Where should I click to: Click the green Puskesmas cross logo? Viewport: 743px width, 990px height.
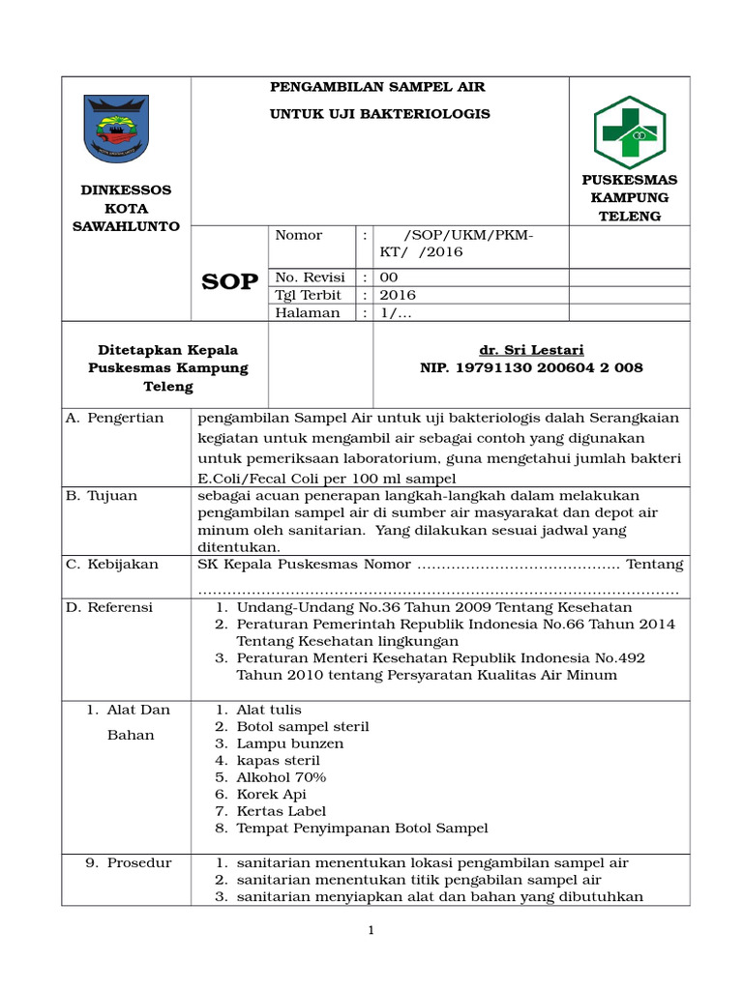pos(629,132)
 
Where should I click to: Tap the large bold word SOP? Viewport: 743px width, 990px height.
pos(229,281)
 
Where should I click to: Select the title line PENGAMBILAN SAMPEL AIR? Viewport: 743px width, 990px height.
pos(376,87)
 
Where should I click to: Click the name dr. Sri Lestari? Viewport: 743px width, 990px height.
pos(531,349)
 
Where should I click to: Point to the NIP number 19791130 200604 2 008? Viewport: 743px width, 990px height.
pos(531,368)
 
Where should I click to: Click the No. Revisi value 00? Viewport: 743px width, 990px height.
pos(388,277)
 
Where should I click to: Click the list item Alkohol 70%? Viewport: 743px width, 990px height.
pos(282,777)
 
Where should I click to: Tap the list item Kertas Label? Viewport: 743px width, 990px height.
pos(282,811)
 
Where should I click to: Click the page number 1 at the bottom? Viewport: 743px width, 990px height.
pos(371,931)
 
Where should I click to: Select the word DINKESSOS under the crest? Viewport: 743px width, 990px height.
pos(126,190)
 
